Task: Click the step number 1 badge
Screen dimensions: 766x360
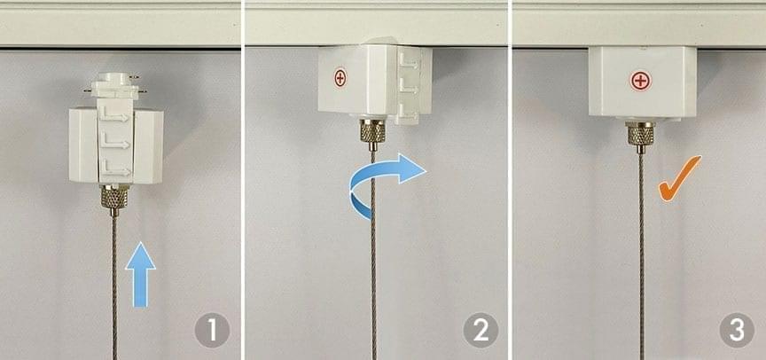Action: click(212, 330)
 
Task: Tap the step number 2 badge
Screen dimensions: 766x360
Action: click(481, 330)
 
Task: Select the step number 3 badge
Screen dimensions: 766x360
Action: click(737, 330)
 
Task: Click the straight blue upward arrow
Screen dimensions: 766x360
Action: click(141, 275)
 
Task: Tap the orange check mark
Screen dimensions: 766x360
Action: click(679, 179)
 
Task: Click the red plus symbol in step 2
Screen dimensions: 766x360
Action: click(340, 78)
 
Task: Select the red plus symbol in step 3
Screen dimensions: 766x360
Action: click(641, 81)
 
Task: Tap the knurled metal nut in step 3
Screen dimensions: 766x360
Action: click(640, 137)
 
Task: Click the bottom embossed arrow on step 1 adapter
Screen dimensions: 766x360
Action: click(113, 170)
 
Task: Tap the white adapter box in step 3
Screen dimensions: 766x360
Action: click(643, 82)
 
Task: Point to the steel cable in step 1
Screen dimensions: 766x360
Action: click(114, 288)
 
